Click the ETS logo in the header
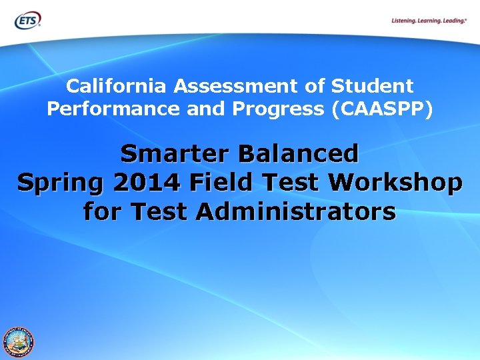(27, 20)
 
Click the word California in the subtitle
(118, 86)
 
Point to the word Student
(372, 86)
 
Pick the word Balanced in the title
(300, 153)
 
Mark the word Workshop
(399, 182)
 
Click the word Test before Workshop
(298, 182)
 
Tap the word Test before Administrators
(160, 211)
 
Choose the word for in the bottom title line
(103, 211)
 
